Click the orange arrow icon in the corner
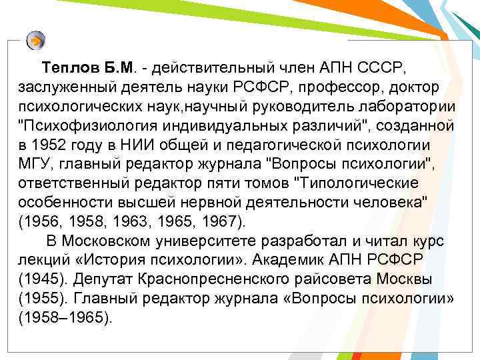click(x=36, y=40)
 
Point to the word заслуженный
click(x=60, y=88)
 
